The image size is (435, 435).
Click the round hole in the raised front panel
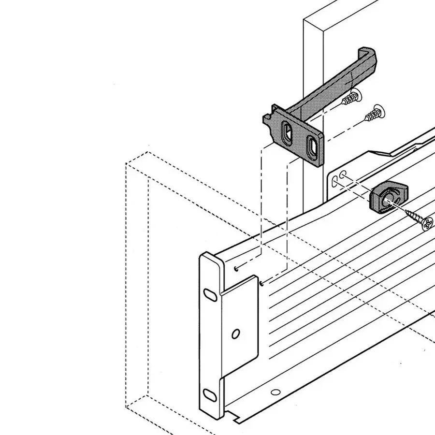[x=236, y=333]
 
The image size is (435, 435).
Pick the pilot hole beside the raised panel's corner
[x=261, y=283]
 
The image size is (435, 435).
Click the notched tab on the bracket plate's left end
[x=267, y=124]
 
